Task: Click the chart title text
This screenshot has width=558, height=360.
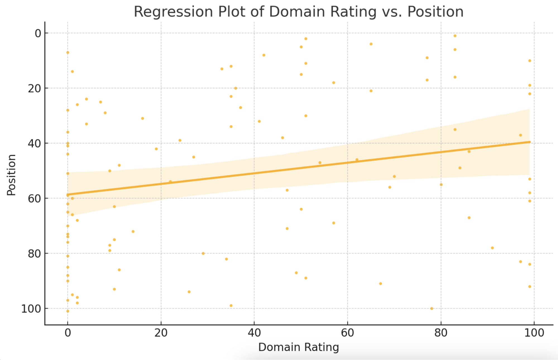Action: (x=298, y=12)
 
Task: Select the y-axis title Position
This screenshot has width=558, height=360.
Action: (x=11, y=175)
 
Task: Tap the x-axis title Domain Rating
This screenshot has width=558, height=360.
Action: (x=298, y=347)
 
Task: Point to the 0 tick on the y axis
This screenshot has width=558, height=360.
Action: (x=38, y=33)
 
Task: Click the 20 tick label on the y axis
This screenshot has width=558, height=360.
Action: (x=35, y=88)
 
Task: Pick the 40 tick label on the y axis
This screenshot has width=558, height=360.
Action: (x=35, y=143)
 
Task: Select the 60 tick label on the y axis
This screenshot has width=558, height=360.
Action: (x=35, y=198)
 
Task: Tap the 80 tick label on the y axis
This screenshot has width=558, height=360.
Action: (x=35, y=254)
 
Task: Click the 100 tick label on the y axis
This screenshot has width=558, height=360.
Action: (x=31, y=309)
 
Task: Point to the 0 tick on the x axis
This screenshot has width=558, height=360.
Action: (x=68, y=333)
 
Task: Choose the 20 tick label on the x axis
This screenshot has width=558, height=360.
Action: (x=161, y=333)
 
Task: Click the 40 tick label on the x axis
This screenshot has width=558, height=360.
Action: (x=254, y=333)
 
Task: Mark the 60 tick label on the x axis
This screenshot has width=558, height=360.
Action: (x=348, y=333)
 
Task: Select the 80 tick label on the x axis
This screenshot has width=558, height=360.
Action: (x=441, y=333)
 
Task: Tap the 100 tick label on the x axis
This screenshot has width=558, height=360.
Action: (x=534, y=333)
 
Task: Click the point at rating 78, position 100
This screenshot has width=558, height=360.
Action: (x=432, y=308)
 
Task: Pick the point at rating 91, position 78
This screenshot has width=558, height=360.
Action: (x=492, y=248)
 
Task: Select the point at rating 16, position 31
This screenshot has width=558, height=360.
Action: (x=142, y=118)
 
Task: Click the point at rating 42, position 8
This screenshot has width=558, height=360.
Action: (x=264, y=55)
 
